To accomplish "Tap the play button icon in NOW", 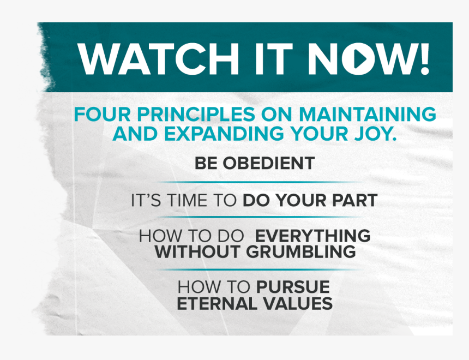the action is coord(358,59).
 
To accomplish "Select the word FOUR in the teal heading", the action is coord(103,114).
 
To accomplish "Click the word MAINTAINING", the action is coord(368,114).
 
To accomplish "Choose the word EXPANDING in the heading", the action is coord(224,134).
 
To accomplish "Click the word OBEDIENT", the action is coord(269,164).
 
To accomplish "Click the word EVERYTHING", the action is coord(312,236).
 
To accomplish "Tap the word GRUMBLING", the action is coord(301,251).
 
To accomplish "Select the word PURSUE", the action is coord(293,287).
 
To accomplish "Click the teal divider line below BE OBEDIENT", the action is coord(260,182).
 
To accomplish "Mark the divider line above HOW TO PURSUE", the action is coord(260,269).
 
